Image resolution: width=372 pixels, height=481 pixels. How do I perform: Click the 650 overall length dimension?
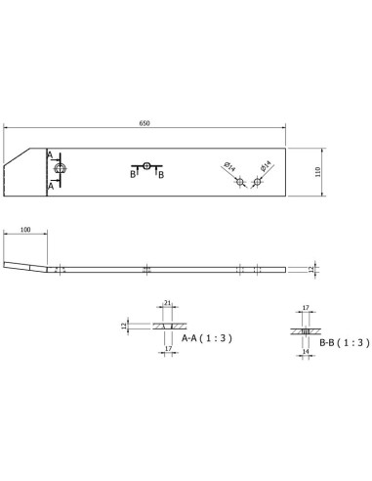pyautogui.click(x=145, y=124)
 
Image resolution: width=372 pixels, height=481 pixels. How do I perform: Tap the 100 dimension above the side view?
pyautogui.click(x=24, y=230)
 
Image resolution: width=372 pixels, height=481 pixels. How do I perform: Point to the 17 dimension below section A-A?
pyautogui.click(x=167, y=347)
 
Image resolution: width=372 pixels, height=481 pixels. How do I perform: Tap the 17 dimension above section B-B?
pyautogui.click(x=306, y=308)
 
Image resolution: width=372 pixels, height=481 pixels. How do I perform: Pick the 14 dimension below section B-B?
pyautogui.click(x=306, y=350)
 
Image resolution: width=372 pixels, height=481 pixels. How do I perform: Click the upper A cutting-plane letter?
pyautogui.click(x=50, y=153)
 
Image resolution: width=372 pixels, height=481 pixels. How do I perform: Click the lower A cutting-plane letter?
pyautogui.click(x=50, y=185)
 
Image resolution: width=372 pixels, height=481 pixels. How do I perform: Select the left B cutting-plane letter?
pyautogui.click(x=133, y=174)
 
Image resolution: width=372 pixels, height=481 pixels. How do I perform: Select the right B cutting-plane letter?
pyautogui.click(x=160, y=174)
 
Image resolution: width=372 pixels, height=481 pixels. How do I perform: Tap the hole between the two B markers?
pyautogui.click(x=146, y=166)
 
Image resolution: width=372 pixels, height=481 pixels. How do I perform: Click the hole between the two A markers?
pyautogui.click(x=61, y=168)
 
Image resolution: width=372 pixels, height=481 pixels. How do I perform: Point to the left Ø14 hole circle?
pyautogui.click(x=238, y=182)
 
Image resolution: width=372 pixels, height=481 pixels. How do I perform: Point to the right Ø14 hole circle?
pyautogui.click(x=257, y=182)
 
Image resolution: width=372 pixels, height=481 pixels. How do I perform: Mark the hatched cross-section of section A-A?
pyautogui.click(x=167, y=326)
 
